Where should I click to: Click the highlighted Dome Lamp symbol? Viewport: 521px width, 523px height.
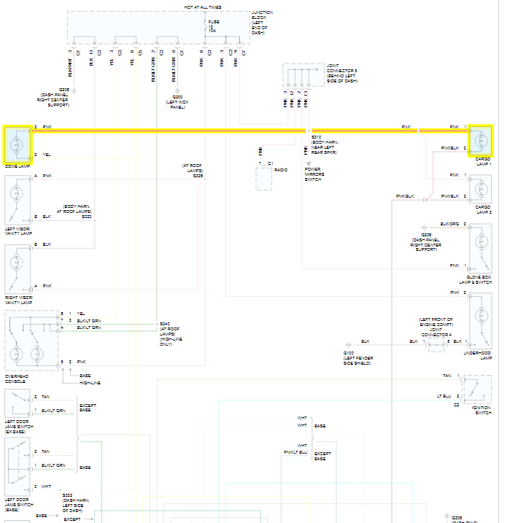pos(18,142)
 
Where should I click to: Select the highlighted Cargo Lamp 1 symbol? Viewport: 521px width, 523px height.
pos(481,139)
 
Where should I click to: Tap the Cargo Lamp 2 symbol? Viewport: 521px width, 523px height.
pos(481,188)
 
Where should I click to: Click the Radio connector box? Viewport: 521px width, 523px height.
pos(263,177)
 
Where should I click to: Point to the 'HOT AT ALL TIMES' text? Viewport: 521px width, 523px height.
pos(203,7)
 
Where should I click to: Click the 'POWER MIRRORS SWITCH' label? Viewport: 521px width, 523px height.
pos(314,174)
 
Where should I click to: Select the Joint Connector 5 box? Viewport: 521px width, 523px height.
pos(304,77)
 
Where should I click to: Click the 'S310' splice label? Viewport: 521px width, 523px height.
pos(316,137)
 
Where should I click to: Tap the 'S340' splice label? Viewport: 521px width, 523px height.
pos(164,323)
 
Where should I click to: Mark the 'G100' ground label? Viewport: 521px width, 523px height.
pos(348,353)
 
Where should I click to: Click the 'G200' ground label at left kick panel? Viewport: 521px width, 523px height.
pos(177,97)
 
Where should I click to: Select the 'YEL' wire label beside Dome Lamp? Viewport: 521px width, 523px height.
pos(47,155)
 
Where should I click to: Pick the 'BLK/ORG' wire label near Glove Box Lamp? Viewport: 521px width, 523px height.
pos(449,224)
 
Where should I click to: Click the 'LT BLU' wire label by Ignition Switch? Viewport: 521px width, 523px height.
pos(444,396)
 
